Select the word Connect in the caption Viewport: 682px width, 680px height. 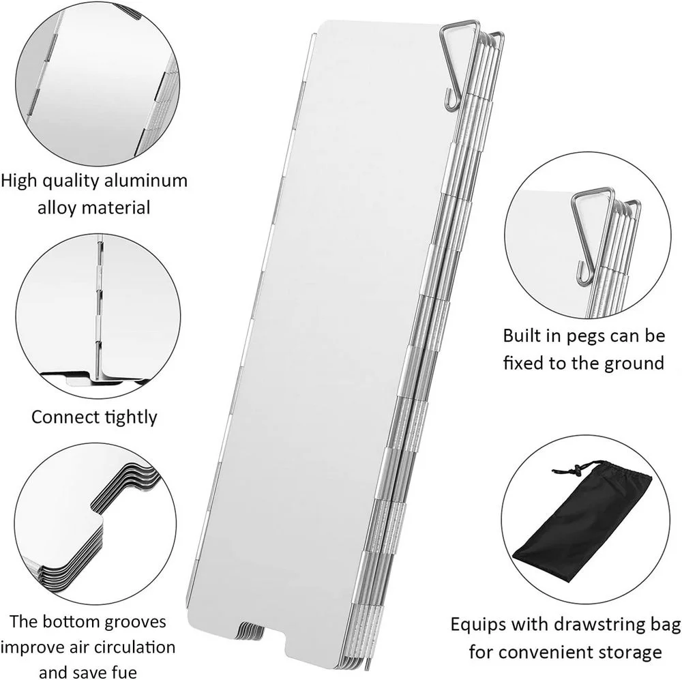point(63,416)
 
